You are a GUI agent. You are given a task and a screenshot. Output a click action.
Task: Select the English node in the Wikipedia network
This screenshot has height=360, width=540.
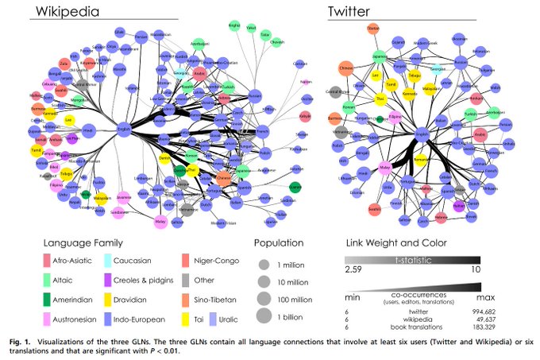click(x=124, y=127)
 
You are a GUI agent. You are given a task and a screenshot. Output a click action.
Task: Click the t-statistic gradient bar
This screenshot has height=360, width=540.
click(x=411, y=259)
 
